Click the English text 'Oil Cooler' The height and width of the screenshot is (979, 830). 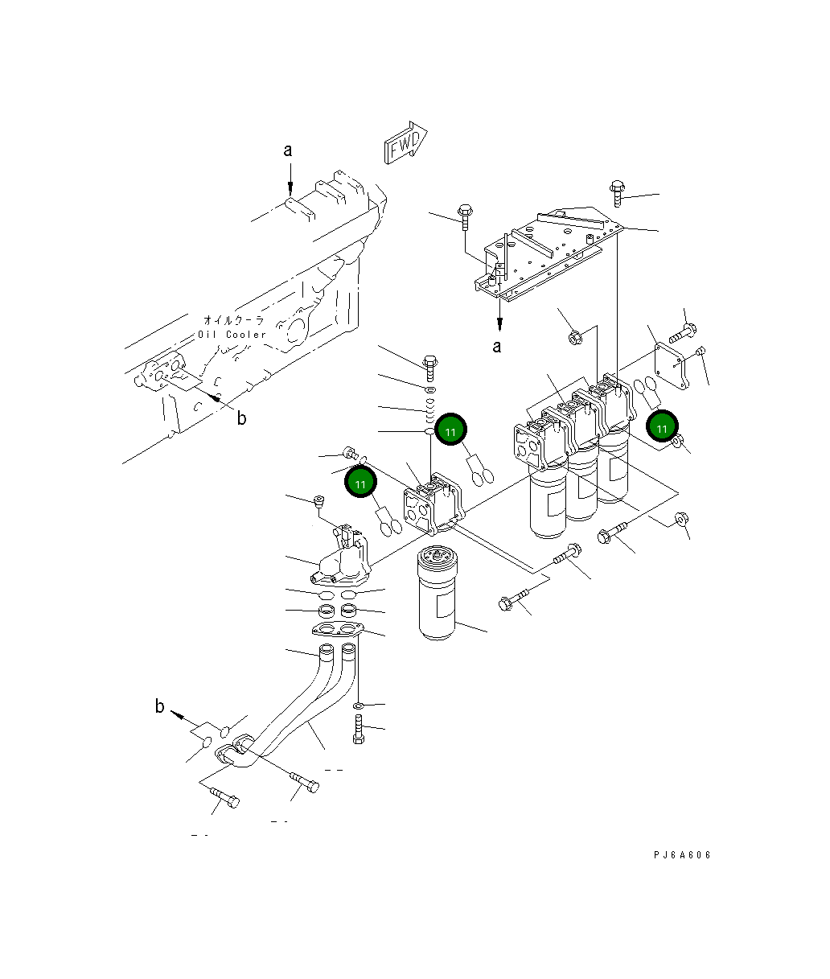(x=232, y=334)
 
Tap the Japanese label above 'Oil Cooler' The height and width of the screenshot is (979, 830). (x=233, y=320)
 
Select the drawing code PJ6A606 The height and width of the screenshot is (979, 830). (x=682, y=855)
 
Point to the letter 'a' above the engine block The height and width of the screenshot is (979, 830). (x=287, y=150)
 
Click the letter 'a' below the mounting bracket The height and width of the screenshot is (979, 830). (x=496, y=347)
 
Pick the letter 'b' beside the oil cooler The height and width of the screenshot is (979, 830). (x=240, y=418)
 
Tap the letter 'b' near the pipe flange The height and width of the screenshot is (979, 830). (x=160, y=707)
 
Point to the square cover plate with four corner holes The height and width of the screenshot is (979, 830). (x=671, y=364)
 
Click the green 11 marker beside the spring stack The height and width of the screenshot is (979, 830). (x=450, y=432)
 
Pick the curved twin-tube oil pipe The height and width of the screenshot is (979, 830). (x=306, y=708)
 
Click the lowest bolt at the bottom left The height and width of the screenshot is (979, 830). (x=224, y=800)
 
